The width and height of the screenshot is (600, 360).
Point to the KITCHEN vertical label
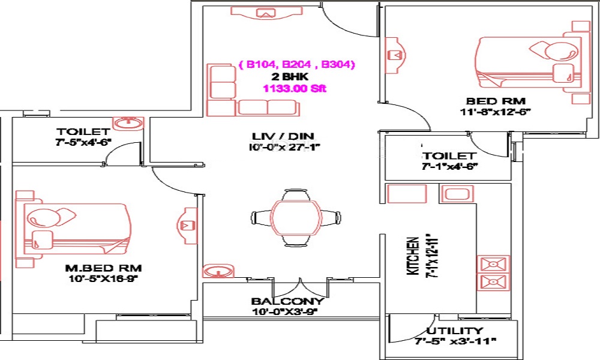(x=413, y=255)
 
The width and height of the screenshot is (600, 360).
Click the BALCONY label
(x=288, y=301)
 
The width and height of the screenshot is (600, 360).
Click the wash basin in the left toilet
(x=127, y=124)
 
